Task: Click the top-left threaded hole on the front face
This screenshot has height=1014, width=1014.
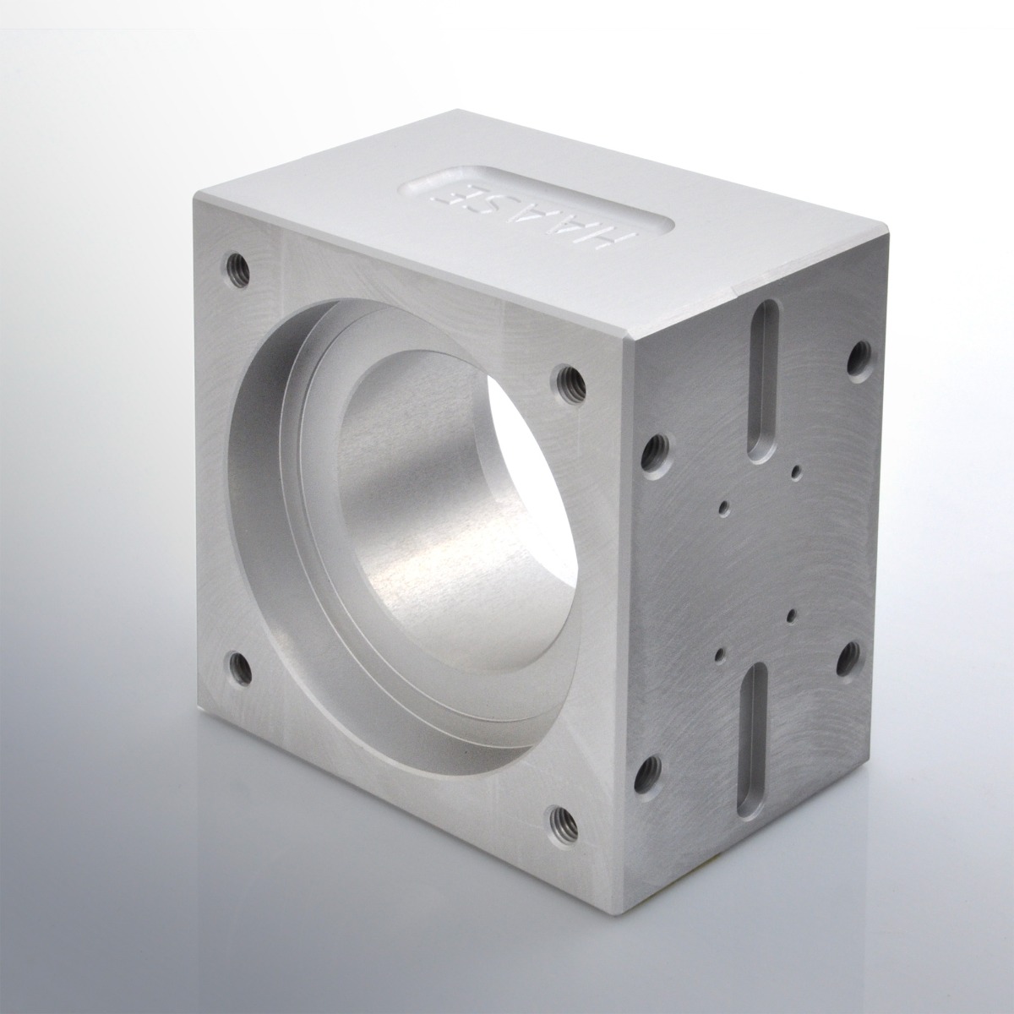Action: tap(237, 266)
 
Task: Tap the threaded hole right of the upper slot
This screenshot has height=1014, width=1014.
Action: tap(860, 360)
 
